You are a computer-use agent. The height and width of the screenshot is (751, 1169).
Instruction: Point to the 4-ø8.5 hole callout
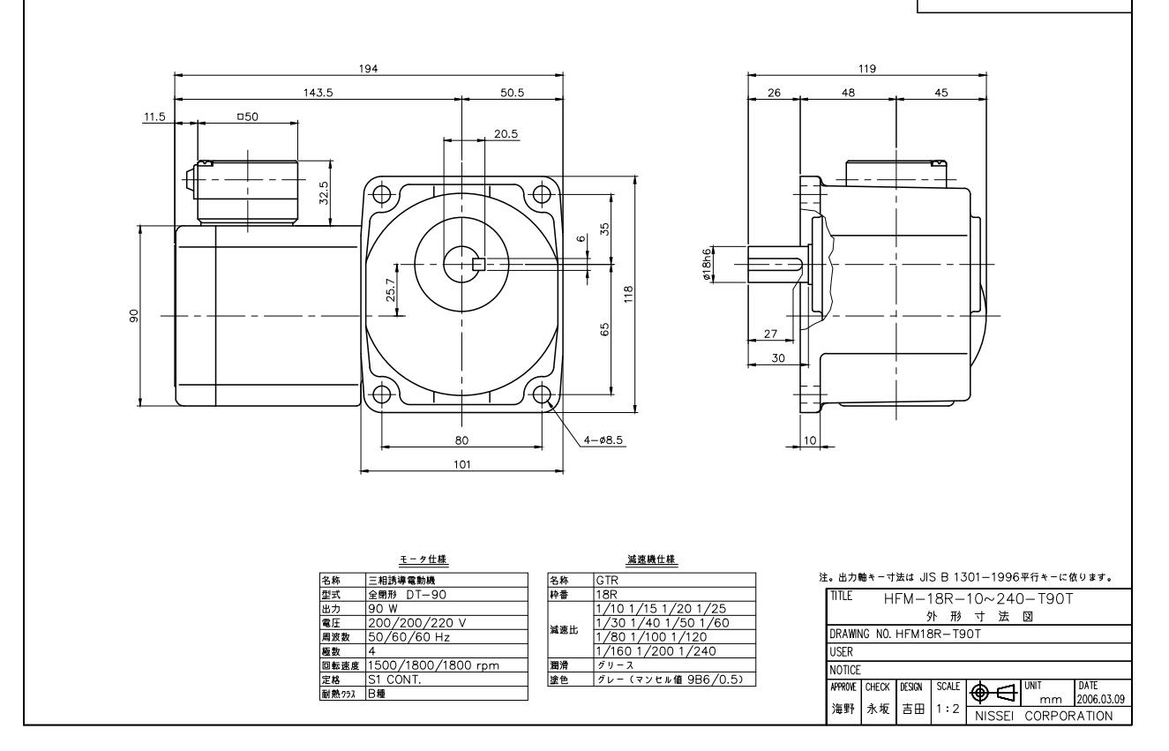click(604, 439)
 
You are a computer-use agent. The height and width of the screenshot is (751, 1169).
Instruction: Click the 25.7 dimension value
click(392, 289)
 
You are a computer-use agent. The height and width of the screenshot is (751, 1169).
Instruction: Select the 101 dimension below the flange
click(461, 463)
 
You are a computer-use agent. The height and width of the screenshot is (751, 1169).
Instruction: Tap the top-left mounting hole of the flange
click(382, 193)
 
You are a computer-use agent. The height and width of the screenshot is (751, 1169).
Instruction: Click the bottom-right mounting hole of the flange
click(542, 392)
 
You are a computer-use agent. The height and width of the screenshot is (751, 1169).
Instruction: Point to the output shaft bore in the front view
click(461, 261)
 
